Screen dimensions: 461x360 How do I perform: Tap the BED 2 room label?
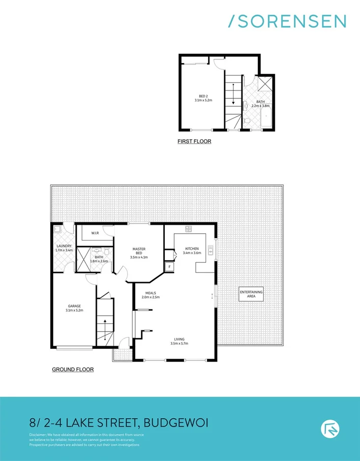pos(203,95)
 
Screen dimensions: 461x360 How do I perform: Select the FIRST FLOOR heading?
pos(194,142)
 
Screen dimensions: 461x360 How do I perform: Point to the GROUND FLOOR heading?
pos(73,369)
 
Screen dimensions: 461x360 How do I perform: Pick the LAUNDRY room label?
pos(64,246)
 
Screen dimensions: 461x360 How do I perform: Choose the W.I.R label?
pos(95,233)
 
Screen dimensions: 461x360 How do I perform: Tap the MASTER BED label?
pos(139,250)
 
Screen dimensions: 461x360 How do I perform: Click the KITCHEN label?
pos(192,248)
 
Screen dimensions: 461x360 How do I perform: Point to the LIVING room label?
pos(179,338)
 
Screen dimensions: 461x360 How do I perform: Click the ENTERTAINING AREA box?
pos(251,294)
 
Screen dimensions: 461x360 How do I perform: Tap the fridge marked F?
pos(170,267)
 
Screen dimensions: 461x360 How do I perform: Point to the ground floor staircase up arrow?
pos(104,325)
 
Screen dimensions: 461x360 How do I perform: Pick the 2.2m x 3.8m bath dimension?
pos(260,106)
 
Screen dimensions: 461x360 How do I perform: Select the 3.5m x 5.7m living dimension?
pos(179,343)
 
